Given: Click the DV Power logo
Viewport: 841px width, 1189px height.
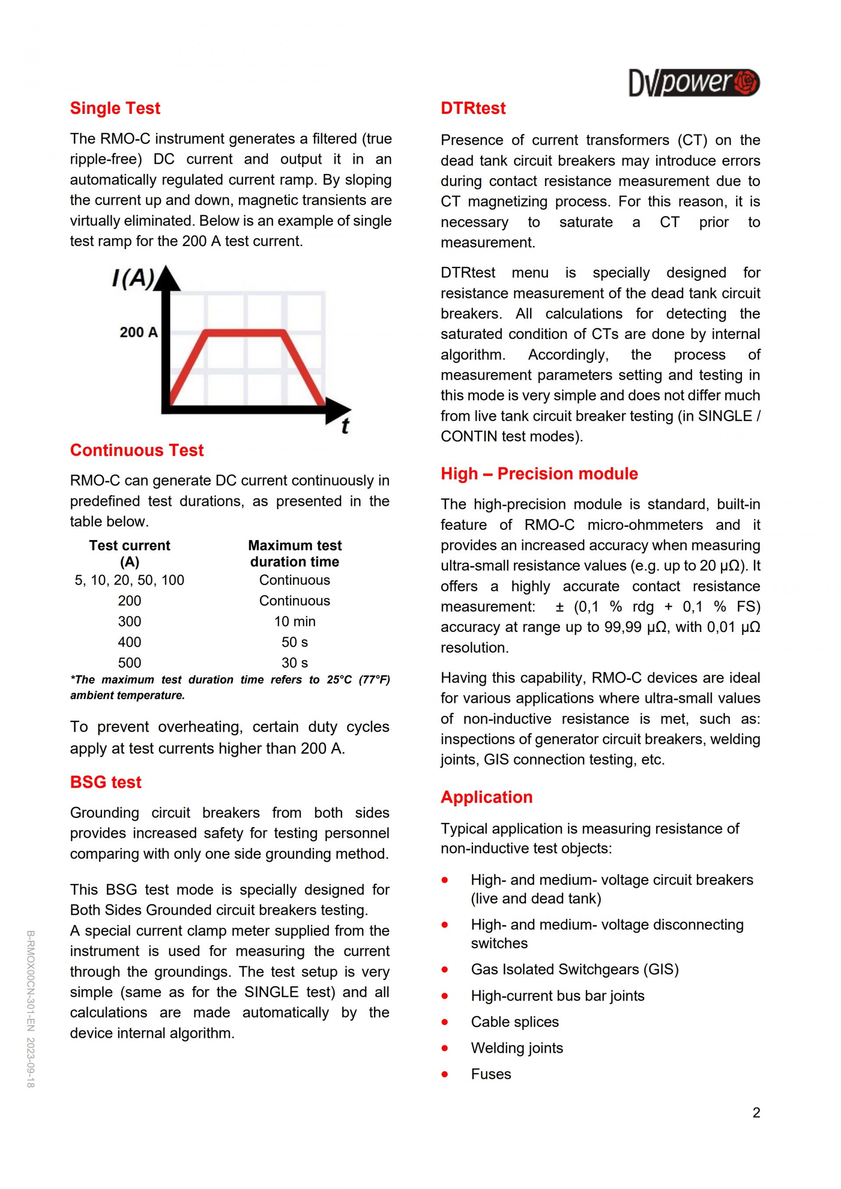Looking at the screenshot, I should coord(693,83).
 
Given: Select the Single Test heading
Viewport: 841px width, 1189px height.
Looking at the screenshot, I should coord(115,108).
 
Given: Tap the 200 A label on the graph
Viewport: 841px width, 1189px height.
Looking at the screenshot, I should coord(138,332).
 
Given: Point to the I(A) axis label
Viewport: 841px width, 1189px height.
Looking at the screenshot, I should coord(133,279).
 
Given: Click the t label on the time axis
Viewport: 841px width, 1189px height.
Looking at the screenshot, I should coord(345,426).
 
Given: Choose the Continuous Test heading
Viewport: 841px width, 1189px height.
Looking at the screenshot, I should coord(137,450).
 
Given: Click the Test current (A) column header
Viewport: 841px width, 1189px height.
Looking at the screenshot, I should coord(130,554).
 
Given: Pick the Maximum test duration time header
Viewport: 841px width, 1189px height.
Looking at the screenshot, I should coord(295,554).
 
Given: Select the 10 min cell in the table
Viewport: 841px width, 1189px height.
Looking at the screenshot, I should coord(295,621).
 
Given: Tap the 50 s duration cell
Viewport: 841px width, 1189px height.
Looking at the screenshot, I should coord(295,642).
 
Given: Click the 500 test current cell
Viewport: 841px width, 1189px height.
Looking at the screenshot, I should coord(130,663).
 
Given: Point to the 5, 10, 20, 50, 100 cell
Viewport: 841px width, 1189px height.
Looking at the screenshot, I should coord(130,580).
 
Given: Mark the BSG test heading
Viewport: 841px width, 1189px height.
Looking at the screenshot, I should coord(106,782).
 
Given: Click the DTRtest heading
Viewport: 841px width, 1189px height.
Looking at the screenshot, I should coord(473,108).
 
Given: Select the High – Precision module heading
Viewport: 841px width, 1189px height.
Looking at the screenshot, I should coord(539,473).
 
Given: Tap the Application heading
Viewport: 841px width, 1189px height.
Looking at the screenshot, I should coord(486,797).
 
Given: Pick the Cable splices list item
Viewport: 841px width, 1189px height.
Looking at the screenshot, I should coord(515,1022).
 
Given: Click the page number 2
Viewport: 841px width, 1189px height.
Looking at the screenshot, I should coord(756,1112).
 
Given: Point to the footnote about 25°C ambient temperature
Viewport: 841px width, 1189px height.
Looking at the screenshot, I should coord(230,687).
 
